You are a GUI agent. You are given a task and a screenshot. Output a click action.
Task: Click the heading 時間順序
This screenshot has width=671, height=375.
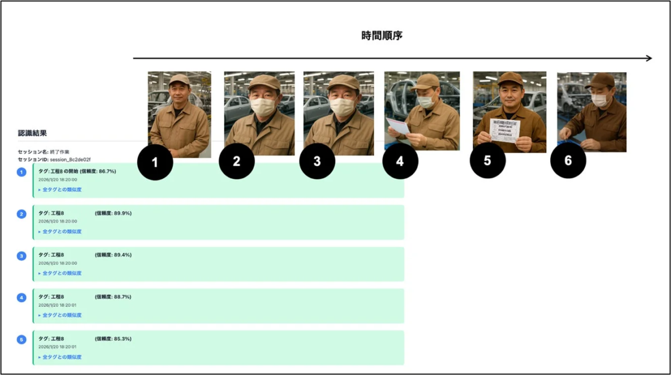(382, 36)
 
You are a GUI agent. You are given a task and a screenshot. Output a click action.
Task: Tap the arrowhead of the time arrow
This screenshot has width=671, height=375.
(648, 58)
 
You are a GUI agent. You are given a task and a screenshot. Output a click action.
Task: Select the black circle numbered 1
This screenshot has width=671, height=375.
(155, 162)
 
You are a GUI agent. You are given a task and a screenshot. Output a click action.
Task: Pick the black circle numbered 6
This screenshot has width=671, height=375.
(568, 162)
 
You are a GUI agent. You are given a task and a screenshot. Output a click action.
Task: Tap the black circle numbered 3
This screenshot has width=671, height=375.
(317, 162)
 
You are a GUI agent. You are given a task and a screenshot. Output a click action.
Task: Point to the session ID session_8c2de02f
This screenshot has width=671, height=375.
(70, 159)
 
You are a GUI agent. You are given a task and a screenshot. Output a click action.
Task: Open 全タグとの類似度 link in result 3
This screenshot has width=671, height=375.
(62, 273)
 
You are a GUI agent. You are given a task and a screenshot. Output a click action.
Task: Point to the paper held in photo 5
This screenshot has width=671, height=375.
(505, 130)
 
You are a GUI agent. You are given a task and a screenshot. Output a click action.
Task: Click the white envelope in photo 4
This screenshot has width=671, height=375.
(398, 126)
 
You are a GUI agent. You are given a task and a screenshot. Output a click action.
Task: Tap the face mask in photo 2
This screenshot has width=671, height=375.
(262, 106)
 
